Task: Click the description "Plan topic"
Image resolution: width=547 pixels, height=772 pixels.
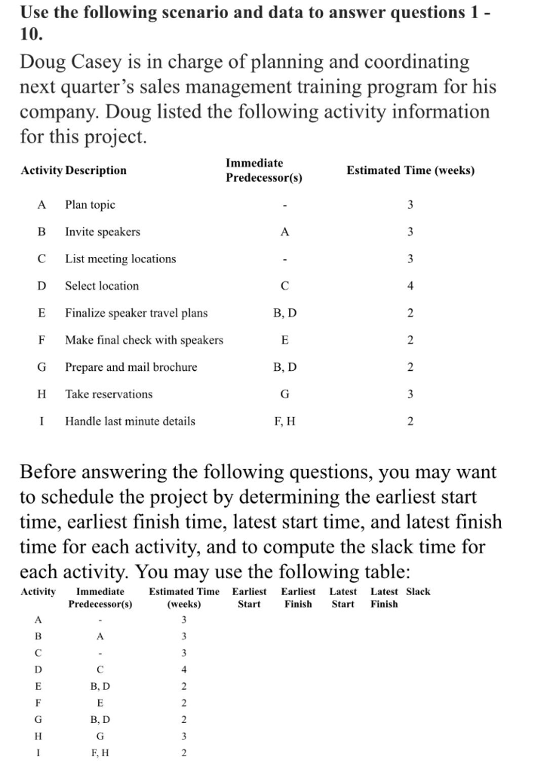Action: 90,204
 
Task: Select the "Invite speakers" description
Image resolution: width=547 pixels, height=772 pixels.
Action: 102,231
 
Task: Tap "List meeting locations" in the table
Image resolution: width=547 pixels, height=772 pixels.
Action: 120,259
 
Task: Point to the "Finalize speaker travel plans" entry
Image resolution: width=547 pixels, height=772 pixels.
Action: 136,313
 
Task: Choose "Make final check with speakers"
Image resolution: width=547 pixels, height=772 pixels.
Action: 143,340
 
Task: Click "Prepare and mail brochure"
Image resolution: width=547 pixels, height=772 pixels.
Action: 131,367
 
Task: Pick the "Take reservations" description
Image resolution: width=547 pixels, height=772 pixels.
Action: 109,394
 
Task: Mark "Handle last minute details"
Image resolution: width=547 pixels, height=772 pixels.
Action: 130,421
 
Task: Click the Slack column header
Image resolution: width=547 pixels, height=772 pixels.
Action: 418,591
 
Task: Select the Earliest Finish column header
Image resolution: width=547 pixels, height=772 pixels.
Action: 298,597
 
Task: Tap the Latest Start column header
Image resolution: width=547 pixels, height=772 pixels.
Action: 343,597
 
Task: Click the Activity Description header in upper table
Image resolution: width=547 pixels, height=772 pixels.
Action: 73,170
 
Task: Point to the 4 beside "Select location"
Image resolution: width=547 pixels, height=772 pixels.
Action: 410,286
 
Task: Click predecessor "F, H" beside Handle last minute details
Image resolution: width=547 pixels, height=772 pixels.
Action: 284,421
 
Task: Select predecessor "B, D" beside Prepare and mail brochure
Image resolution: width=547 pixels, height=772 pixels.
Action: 284,367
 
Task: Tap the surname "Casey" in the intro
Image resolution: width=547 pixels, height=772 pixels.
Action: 101,61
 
